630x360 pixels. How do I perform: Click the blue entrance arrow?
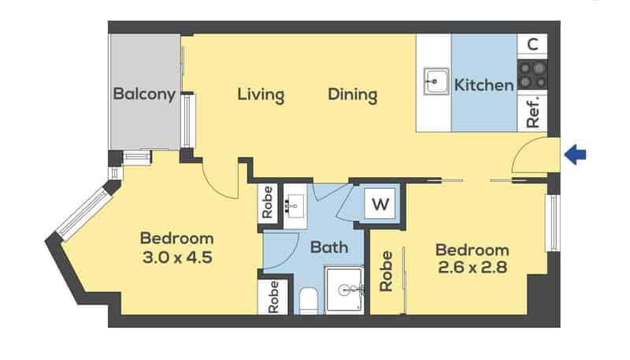(x=576, y=154)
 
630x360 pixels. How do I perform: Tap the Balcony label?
(x=144, y=95)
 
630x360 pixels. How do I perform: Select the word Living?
(x=261, y=95)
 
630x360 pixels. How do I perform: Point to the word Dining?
(x=353, y=95)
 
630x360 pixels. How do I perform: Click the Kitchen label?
(x=484, y=85)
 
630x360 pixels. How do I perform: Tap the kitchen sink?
(x=436, y=82)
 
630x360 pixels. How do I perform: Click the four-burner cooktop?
(x=532, y=75)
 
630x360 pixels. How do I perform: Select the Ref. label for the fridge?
(x=533, y=112)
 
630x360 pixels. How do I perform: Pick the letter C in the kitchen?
(x=532, y=44)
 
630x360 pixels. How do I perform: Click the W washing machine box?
(x=380, y=204)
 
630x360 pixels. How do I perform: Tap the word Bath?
(x=329, y=247)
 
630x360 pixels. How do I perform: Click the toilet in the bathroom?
(x=309, y=302)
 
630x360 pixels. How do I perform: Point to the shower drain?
(x=344, y=290)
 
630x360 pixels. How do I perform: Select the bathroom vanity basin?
(x=295, y=206)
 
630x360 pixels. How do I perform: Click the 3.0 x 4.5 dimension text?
(x=177, y=258)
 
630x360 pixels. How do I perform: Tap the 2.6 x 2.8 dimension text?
(x=472, y=267)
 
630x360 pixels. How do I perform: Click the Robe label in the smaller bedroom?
(x=386, y=271)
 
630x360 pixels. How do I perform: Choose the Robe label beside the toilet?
(x=273, y=297)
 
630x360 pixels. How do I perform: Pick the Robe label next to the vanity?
(x=267, y=202)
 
